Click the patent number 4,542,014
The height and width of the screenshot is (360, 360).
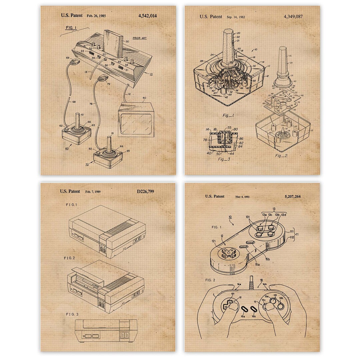[147, 16]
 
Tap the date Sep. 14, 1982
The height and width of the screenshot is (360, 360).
[236, 17]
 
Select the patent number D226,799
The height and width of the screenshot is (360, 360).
[145, 192]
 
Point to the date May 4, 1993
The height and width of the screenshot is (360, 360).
[242, 197]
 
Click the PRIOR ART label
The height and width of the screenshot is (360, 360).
[139, 38]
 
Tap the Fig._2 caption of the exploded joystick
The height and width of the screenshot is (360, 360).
[281, 156]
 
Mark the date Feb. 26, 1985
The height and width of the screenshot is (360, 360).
[96, 16]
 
